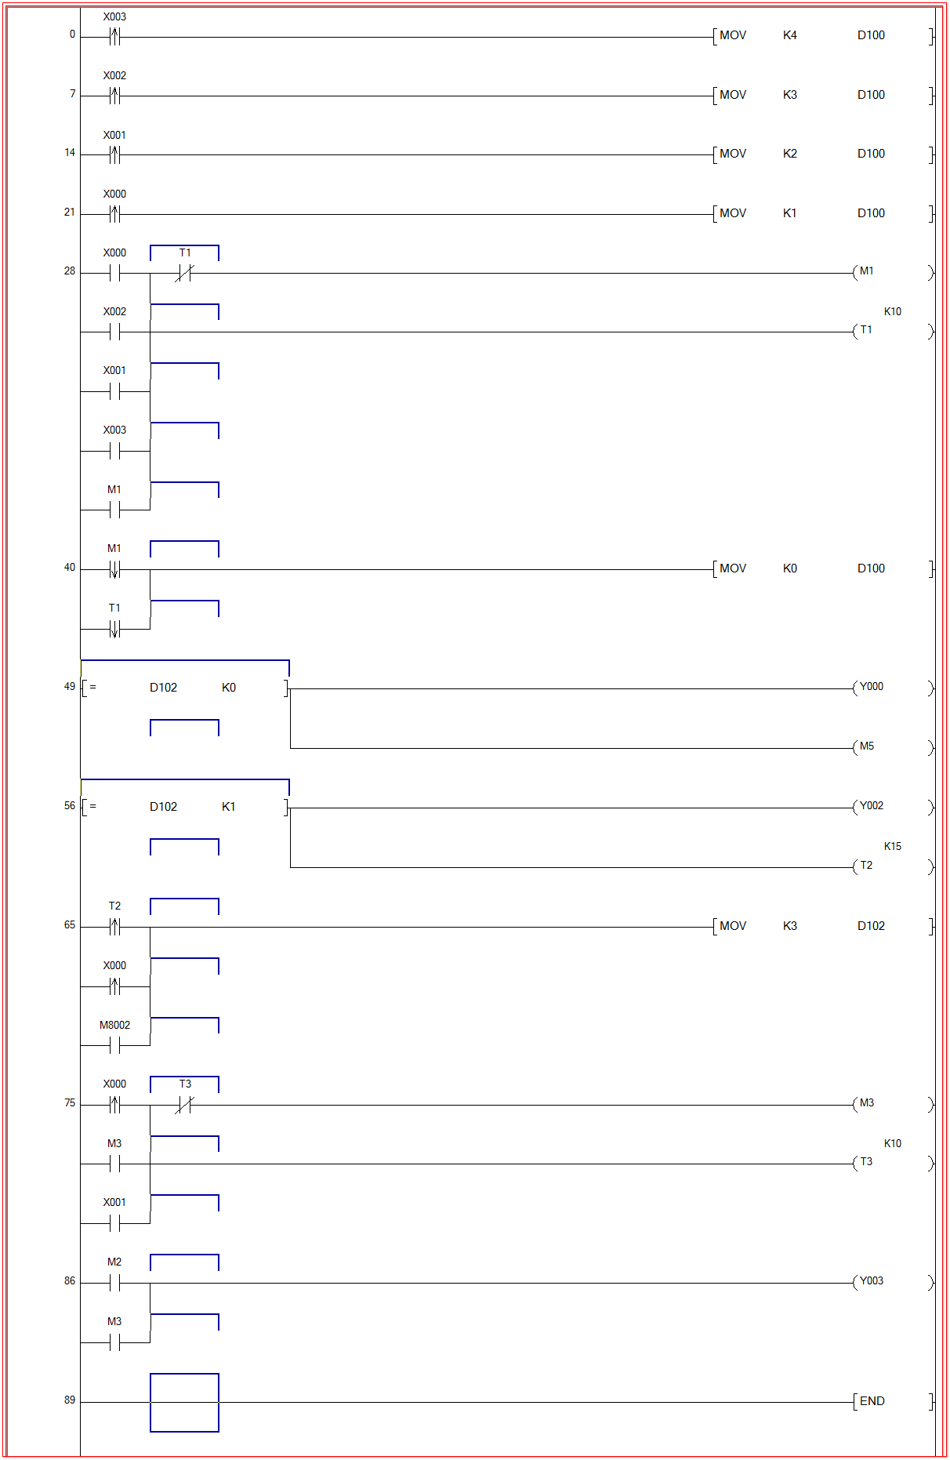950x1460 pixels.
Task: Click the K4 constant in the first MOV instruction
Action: point(789,35)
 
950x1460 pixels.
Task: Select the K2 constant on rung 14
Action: point(789,154)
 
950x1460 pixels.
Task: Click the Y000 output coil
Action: point(871,687)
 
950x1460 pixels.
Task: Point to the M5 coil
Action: point(866,746)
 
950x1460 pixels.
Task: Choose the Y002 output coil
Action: point(871,806)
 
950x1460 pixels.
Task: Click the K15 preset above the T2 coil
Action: point(892,846)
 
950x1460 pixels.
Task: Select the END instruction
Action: point(872,1401)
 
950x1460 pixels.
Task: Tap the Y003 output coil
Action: point(871,1281)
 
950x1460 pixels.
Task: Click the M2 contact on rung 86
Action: point(114,1283)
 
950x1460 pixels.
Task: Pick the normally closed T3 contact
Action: point(184,1105)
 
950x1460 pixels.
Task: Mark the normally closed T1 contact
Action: point(184,273)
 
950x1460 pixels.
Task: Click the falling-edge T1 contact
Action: point(114,629)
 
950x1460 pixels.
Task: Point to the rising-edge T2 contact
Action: point(114,927)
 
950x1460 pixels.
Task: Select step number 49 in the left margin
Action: point(70,687)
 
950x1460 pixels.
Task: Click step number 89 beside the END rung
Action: point(70,1400)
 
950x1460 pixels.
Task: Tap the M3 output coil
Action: point(866,1103)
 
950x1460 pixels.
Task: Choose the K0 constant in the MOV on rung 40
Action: point(789,568)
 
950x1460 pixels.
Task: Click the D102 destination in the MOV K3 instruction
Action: point(871,926)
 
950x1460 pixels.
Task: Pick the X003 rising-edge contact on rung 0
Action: point(114,36)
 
